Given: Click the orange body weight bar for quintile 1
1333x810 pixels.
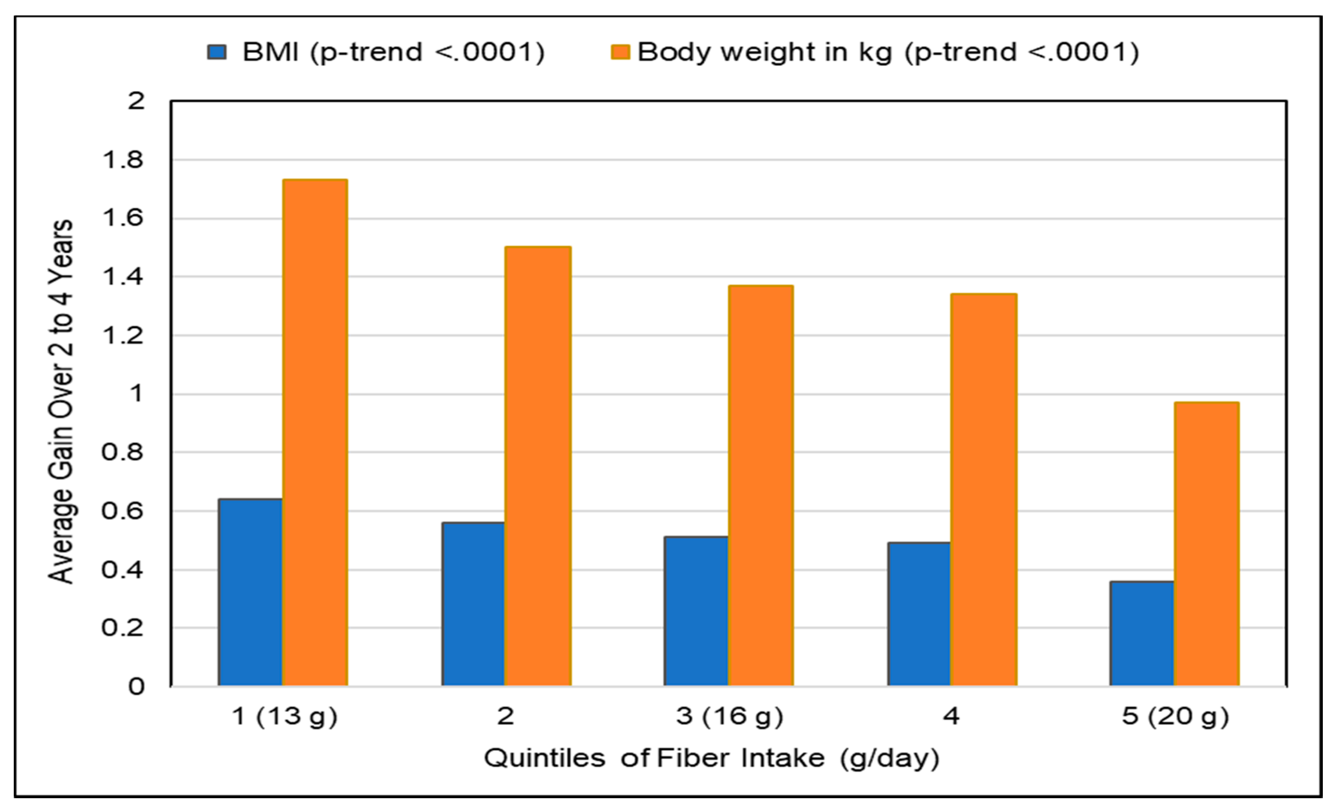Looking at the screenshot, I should pyautogui.click(x=315, y=433).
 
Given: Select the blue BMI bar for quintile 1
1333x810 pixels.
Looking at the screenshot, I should pyautogui.click(x=250, y=592).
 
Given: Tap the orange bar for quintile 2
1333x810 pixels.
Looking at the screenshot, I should pyautogui.click(x=538, y=466).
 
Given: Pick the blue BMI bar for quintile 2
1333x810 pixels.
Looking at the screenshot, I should pyautogui.click(x=473, y=604).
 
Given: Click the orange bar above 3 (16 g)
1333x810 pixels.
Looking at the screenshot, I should pyautogui.click(x=761, y=486).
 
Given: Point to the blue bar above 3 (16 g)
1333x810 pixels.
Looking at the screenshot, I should pyautogui.click(x=696, y=611).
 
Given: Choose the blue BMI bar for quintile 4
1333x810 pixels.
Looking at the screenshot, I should pyautogui.click(x=919, y=614).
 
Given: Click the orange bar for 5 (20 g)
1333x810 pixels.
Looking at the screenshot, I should pyautogui.click(x=1206, y=544).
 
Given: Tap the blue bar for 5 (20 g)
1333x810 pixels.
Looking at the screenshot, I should pyautogui.click(x=1142, y=634).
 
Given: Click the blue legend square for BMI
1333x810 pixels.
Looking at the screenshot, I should pyautogui.click(x=217, y=53).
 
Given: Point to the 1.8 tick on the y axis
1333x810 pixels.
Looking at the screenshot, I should pyautogui.click(x=123, y=160).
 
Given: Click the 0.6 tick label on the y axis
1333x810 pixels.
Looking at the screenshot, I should pyautogui.click(x=123, y=511).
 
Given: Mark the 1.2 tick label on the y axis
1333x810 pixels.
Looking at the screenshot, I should pyautogui.click(x=123, y=336).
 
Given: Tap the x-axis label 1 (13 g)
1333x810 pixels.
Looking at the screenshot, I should pyautogui.click(x=285, y=716).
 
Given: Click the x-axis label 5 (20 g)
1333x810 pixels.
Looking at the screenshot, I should pyautogui.click(x=1175, y=716).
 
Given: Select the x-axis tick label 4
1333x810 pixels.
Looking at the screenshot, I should pyautogui.click(x=951, y=716).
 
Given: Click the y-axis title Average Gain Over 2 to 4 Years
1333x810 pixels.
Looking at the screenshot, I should pyautogui.click(x=61, y=401).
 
